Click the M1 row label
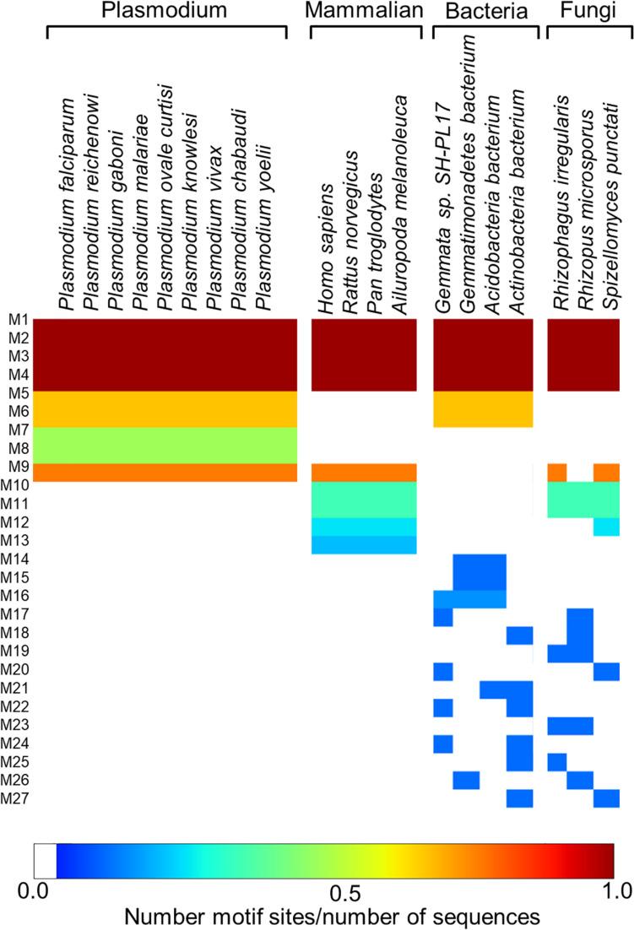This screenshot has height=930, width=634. coord(19,320)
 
